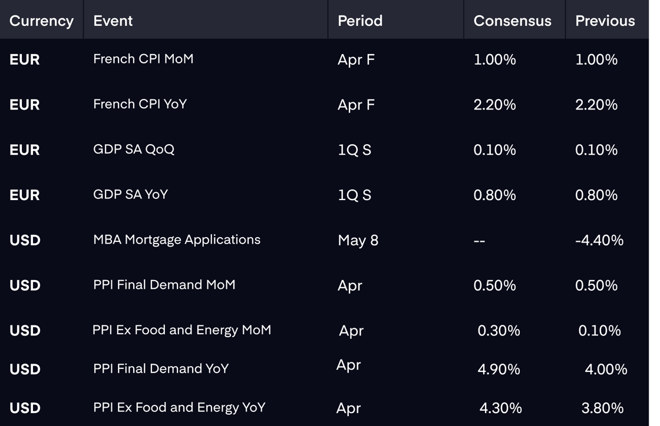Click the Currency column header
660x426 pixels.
click(x=41, y=21)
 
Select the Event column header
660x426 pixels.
click(x=113, y=21)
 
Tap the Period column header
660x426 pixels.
click(x=360, y=21)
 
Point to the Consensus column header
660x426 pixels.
click(x=512, y=21)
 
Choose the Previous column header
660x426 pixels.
click(x=605, y=21)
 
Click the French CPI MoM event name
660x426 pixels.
click(x=143, y=59)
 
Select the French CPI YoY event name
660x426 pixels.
click(x=140, y=104)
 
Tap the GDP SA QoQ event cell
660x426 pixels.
click(x=133, y=149)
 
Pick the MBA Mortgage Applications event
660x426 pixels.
click(x=177, y=239)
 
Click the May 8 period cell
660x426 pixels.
click(x=358, y=240)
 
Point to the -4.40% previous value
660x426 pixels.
click(x=599, y=240)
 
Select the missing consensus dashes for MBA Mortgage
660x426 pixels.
click(x=479, y=241)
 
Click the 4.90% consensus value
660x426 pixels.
click(x=499, y=370)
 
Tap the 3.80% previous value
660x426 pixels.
click(x=602, y=408)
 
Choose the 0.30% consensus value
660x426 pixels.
click(x=499, y=331)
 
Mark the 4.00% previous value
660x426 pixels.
click(x=606, y=370)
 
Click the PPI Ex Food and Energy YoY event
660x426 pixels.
click(x=179, y=408)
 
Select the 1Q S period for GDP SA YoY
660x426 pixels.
click(x=354, y=195)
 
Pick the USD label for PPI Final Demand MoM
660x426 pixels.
click(x=25, y=285)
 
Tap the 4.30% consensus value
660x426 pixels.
click(x=500, y=408)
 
